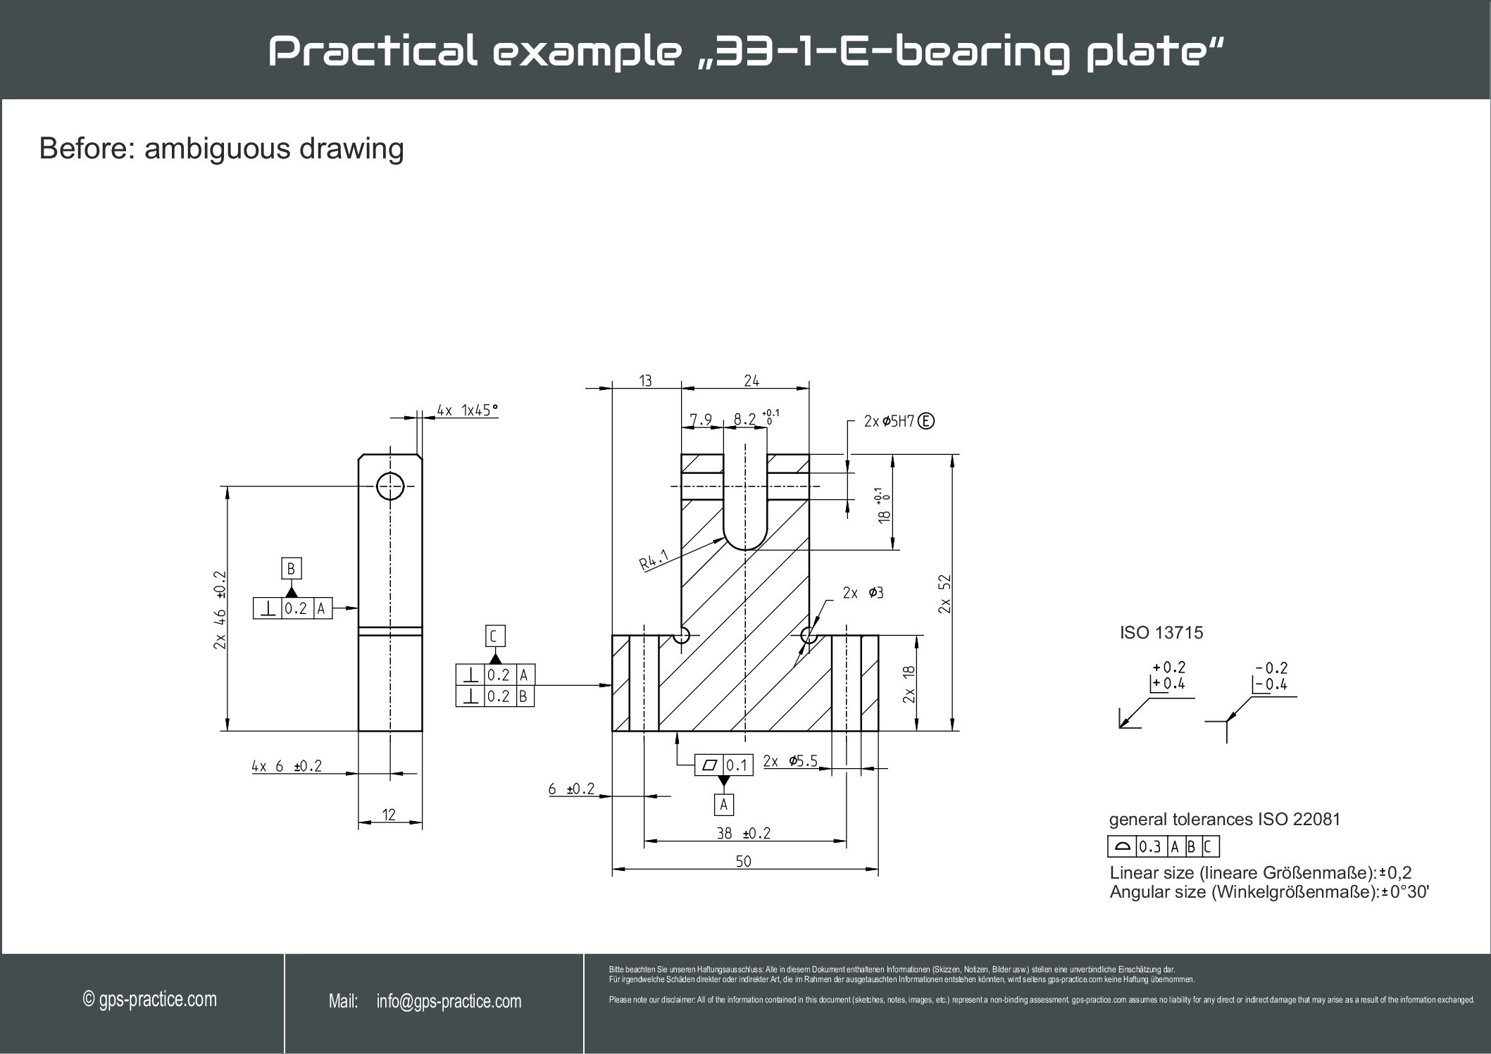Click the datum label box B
291,569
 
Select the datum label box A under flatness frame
723,804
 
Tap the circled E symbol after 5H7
927,422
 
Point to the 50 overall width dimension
744,861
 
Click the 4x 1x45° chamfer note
467,410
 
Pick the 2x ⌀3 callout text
863,593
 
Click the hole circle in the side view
390,486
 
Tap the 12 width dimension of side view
389,815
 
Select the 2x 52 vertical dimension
945,594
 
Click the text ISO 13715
1161,633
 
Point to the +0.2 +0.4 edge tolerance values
1168,675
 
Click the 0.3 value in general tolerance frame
1149,847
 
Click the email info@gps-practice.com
449,1002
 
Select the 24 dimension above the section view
751,381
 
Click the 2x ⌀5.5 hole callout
790,761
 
